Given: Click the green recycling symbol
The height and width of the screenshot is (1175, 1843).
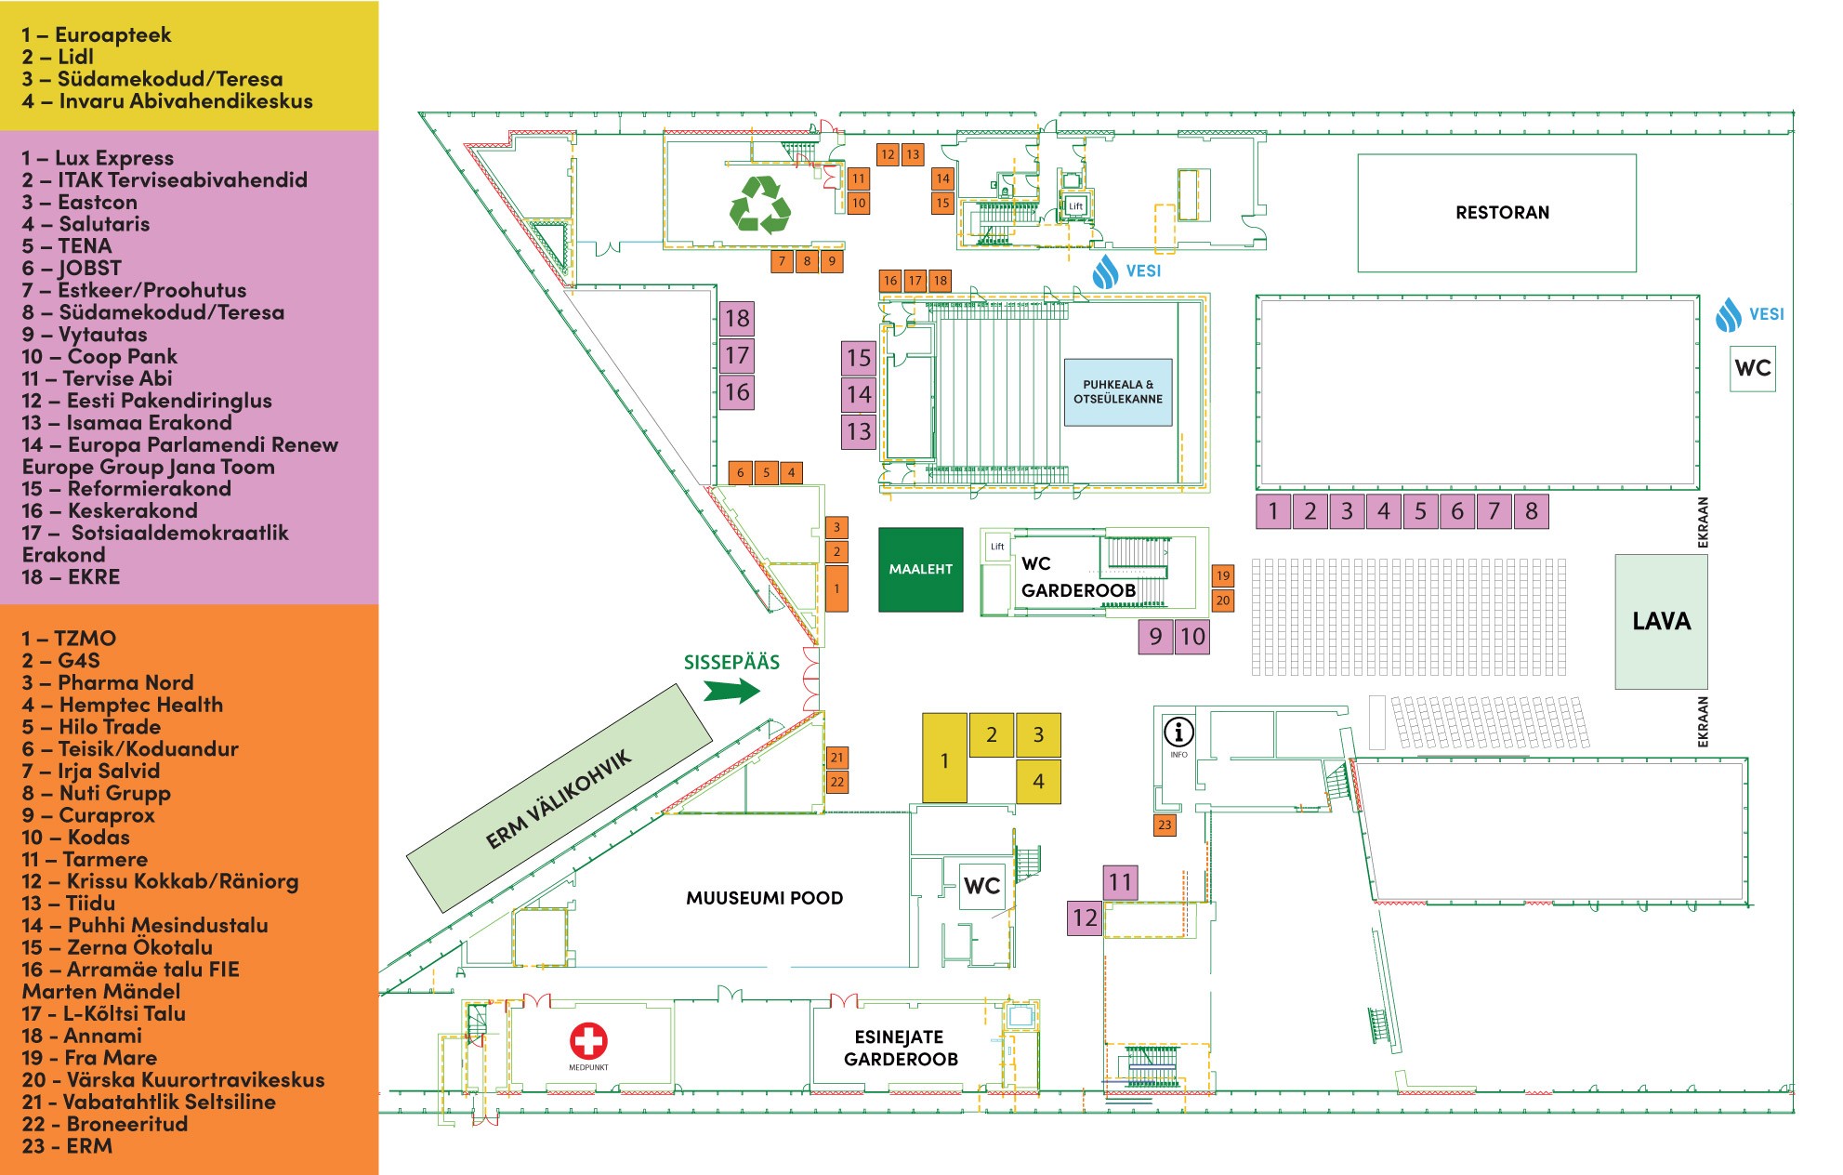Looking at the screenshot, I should [x=760, y=204].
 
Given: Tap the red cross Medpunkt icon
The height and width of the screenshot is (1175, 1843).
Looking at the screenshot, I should [x=588, y=1040].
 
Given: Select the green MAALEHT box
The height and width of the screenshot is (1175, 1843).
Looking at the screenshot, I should [x=920, y=570].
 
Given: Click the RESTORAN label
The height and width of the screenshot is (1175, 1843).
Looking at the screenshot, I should [x=1502, y=213].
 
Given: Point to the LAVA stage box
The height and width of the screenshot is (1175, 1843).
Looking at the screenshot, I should [x=1661, y=621].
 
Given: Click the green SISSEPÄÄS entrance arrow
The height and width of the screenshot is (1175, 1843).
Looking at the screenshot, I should [x=731, y=691].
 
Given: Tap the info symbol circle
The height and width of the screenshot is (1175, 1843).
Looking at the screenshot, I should [x=1178, y=733].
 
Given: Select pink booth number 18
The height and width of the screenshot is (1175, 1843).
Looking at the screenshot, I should [x=737, y=319].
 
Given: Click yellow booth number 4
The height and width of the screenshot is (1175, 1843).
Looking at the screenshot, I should [x=1038, y=782].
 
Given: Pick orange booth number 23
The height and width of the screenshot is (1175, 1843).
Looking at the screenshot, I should [x=1165, y=825].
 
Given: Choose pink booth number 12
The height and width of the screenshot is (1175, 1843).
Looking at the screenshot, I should [x=1085, y=918].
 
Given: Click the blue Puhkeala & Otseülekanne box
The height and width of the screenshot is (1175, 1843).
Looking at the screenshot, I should [x=1117, y=392].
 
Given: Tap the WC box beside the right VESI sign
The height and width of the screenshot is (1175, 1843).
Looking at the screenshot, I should [x=1752, y=368].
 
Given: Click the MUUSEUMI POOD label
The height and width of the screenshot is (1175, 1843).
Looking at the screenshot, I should [x=764, y=898].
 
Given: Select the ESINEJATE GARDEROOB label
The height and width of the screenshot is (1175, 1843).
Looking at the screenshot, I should [x=900, y=1048].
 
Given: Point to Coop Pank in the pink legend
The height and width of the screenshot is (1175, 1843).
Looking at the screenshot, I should [x=100, y=357].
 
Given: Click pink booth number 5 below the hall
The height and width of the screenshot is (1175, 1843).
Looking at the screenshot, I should [x=1420, y=511].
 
